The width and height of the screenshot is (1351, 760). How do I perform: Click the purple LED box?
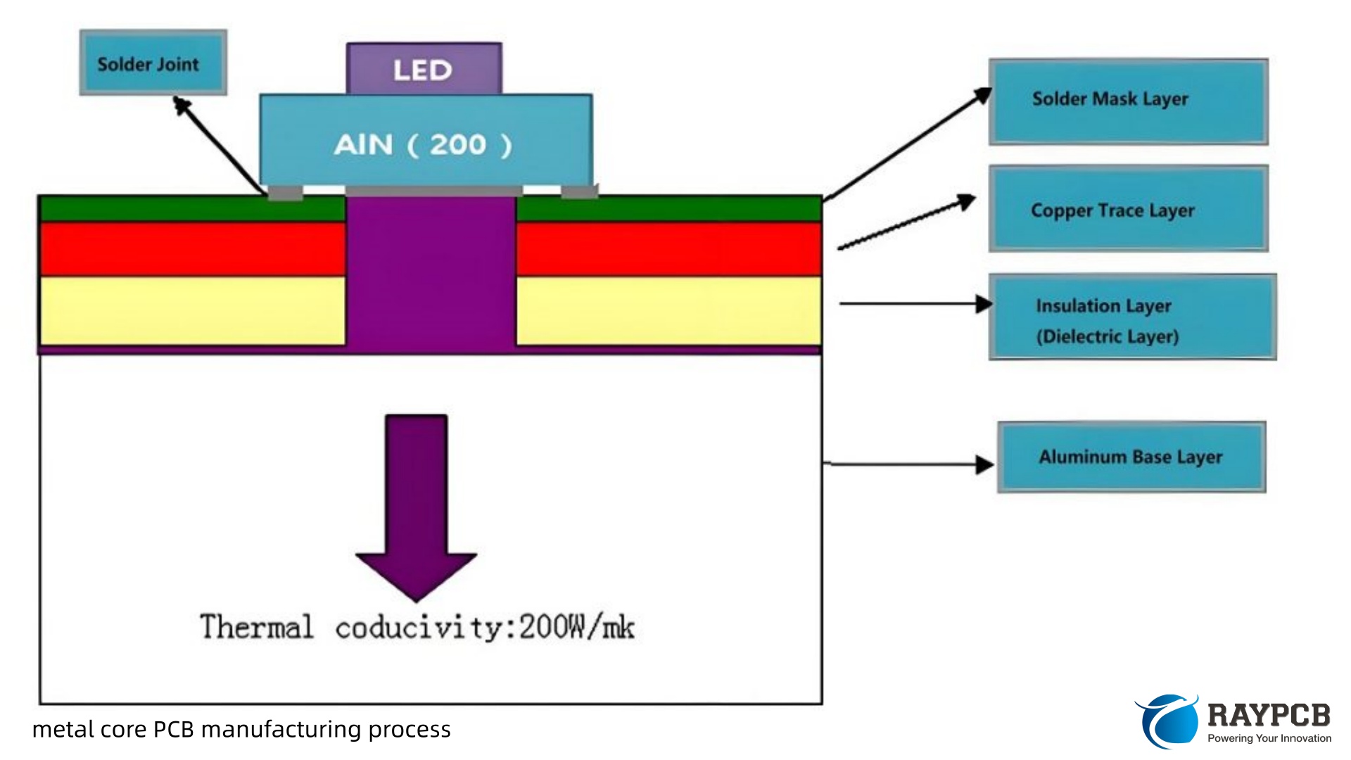pos(424,69)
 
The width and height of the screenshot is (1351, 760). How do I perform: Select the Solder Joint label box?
pos(153,63)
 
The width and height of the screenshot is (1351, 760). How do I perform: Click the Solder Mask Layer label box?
pos(1128,102)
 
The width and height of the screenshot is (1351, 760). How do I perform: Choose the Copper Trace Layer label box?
pos(1128,208)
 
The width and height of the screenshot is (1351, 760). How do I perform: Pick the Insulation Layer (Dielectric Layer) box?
pos(1132,317)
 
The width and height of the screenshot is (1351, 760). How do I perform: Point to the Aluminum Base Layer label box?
pos(1131,457)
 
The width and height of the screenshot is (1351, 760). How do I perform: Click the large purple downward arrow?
pos(416,500)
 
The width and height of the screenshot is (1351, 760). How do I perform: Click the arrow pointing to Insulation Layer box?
pos(915,304)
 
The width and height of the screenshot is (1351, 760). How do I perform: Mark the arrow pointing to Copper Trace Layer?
pos(906,222)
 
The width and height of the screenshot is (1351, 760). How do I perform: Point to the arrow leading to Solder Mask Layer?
pos(908,144)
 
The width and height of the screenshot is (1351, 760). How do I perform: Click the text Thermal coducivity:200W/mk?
pos(417,627)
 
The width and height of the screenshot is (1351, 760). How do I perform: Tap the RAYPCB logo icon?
pos(1167,721)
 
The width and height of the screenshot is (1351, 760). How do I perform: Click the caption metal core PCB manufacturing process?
pos(241,729)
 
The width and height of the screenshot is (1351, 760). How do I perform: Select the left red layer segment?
pos(193,249)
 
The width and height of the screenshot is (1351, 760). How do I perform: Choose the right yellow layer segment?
pos(668,310)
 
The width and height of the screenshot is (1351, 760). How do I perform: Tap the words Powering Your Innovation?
pos(1269,738)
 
